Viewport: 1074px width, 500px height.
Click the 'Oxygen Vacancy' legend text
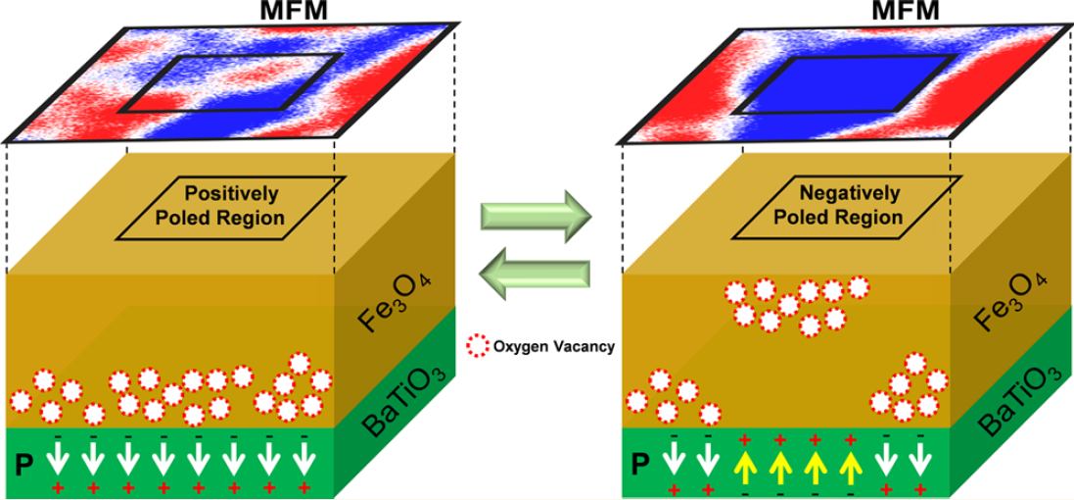click(554, 346)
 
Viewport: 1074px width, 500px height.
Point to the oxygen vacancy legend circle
click(478, 346)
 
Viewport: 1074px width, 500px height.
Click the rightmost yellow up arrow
click(850, 460)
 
